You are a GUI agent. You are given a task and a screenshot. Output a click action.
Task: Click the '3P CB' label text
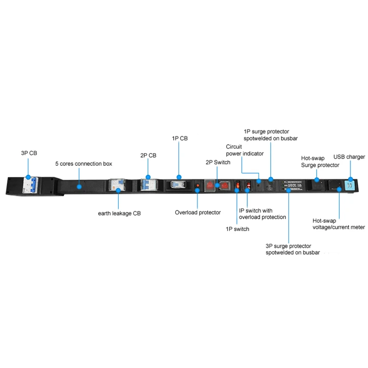click(28, 153)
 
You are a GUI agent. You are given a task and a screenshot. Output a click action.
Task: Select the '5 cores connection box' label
click(83, 163)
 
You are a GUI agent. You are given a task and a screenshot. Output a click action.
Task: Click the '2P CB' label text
click(148, 156)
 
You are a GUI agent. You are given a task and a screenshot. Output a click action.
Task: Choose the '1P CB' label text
click(180, 138)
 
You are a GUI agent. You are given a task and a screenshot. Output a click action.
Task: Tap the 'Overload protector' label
click(198, 212)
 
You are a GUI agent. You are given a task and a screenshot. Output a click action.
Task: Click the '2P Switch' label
click(217, 162)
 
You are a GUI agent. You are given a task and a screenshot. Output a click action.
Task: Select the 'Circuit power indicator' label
click(245, 150)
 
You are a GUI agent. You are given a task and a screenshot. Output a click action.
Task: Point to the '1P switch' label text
click(237, 229)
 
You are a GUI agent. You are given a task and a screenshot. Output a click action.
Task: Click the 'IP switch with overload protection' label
click(262, 214)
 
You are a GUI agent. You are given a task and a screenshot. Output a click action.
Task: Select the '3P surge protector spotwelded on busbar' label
click(289, 249)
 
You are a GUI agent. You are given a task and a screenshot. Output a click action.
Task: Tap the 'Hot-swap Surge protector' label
click(320, 162)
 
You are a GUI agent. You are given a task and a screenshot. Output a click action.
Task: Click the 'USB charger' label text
click(349, 157)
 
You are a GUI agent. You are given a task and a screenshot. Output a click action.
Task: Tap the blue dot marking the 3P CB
click(28, 177)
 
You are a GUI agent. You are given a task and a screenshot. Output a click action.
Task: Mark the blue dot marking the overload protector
click(198, 192)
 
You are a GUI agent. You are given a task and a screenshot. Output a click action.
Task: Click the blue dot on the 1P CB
click(180, 177)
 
